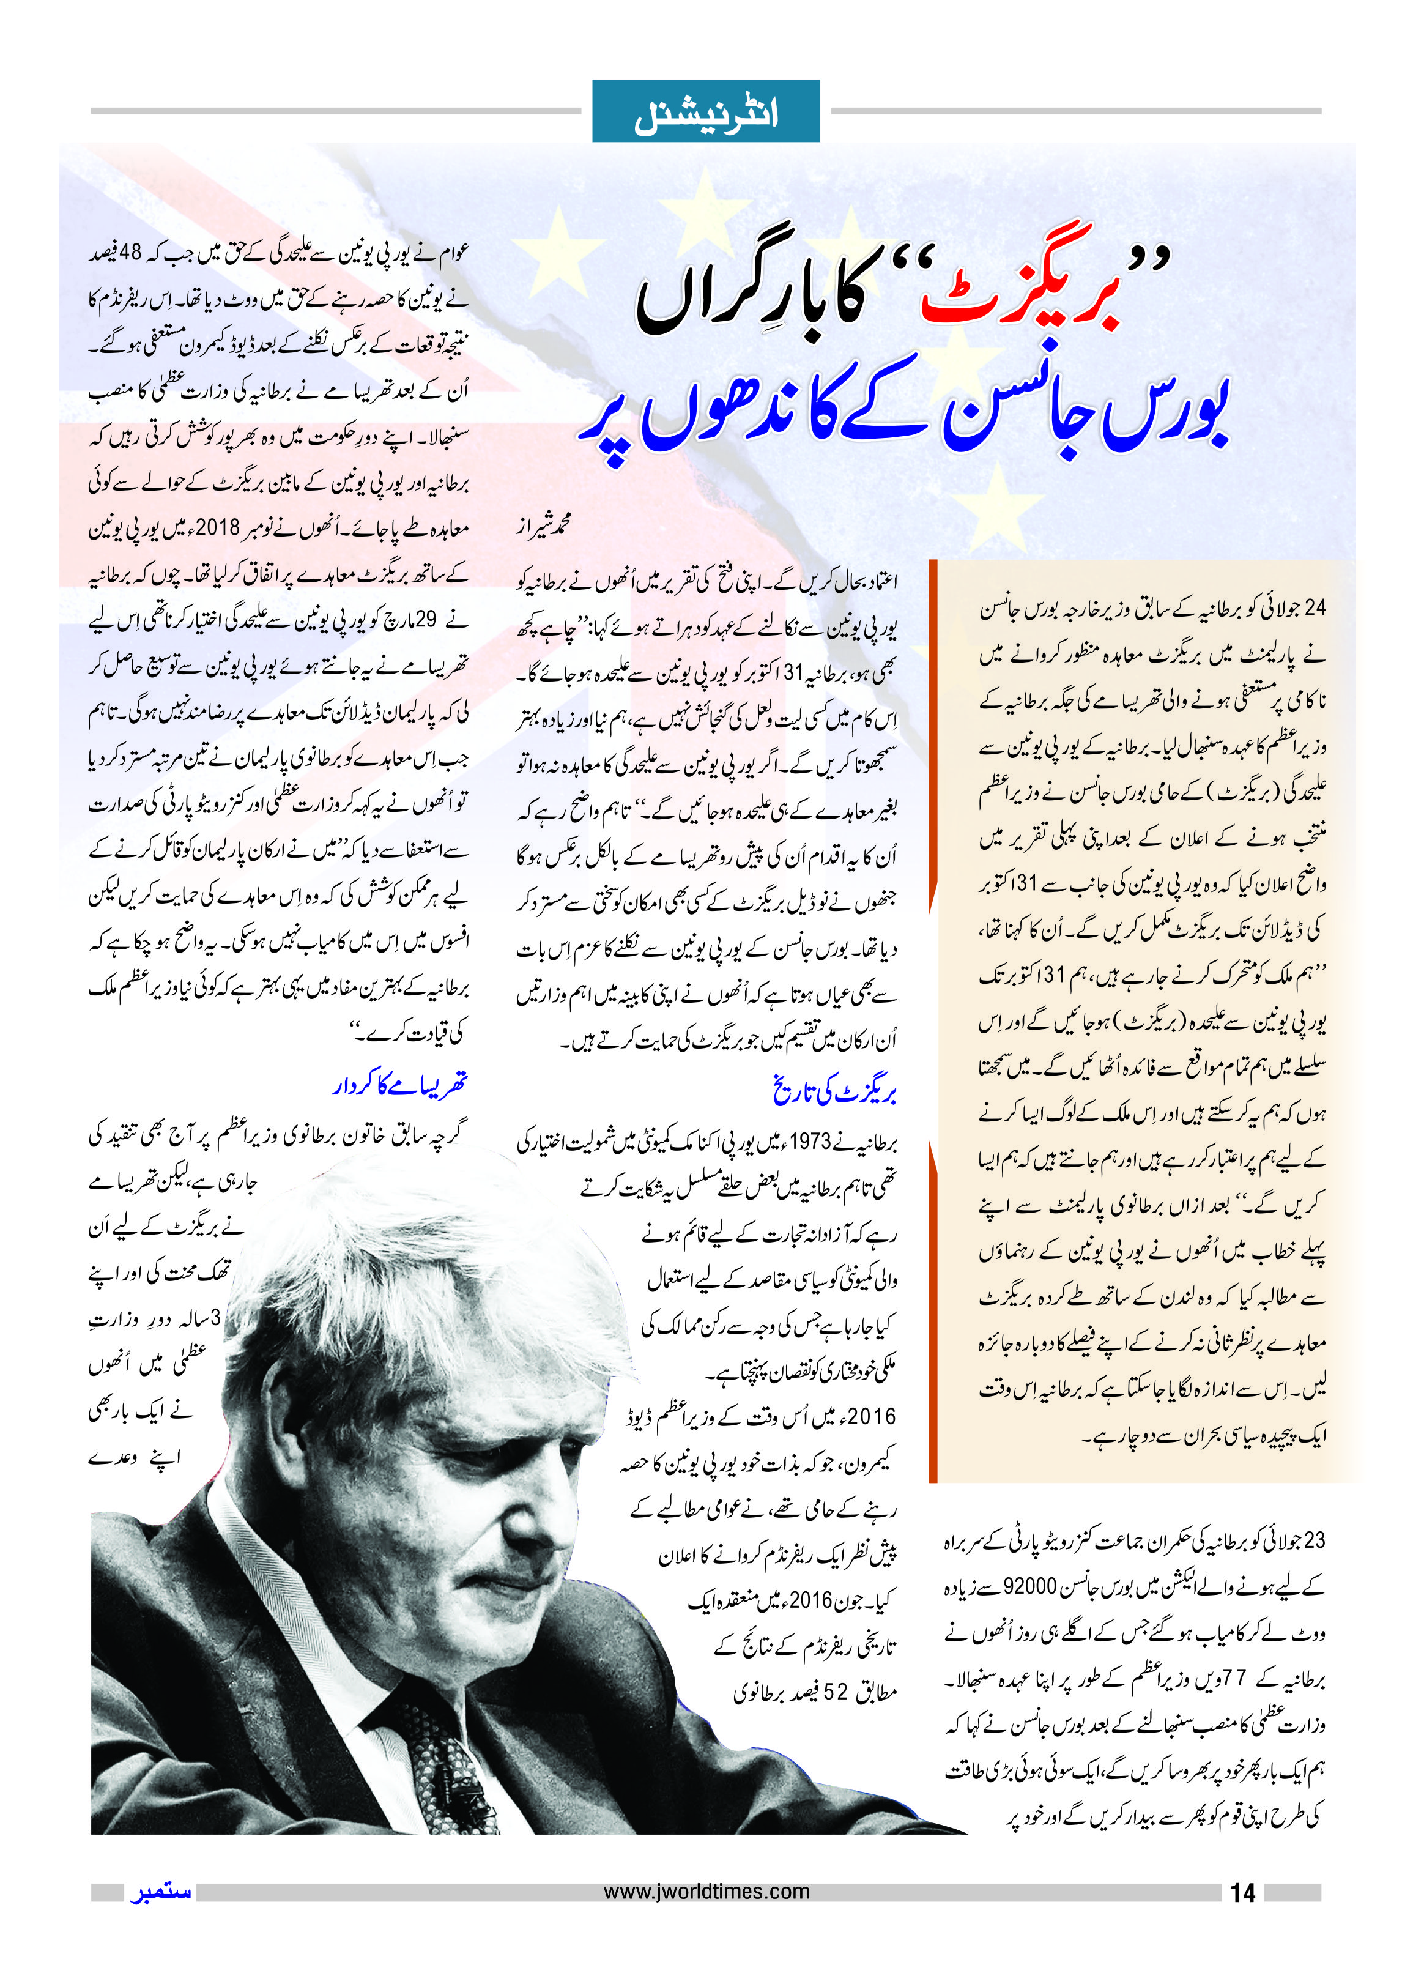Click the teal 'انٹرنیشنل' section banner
706,112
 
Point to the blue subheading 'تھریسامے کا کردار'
399,1084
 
